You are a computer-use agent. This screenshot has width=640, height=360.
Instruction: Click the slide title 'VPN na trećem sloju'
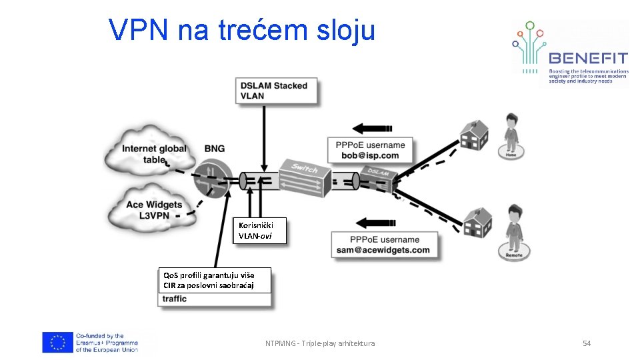coord(242,30)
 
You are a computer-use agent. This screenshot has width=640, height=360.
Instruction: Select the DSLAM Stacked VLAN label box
coord(275,91)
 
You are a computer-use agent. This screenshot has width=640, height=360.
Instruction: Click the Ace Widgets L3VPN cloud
coord(153,209)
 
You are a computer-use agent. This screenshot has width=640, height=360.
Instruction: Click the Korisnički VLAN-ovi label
coord(261,231)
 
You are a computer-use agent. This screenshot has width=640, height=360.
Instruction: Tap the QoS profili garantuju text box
coord(216,280)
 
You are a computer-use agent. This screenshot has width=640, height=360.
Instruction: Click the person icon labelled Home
coord(511,136)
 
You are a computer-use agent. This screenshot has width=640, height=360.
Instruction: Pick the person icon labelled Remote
coord(513,233)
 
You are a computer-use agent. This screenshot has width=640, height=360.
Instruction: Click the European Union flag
coord(57,342)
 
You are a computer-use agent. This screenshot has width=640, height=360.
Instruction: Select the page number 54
coord(587,343)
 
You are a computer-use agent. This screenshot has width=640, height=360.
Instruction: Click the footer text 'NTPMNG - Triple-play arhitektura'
coord(320,343)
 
